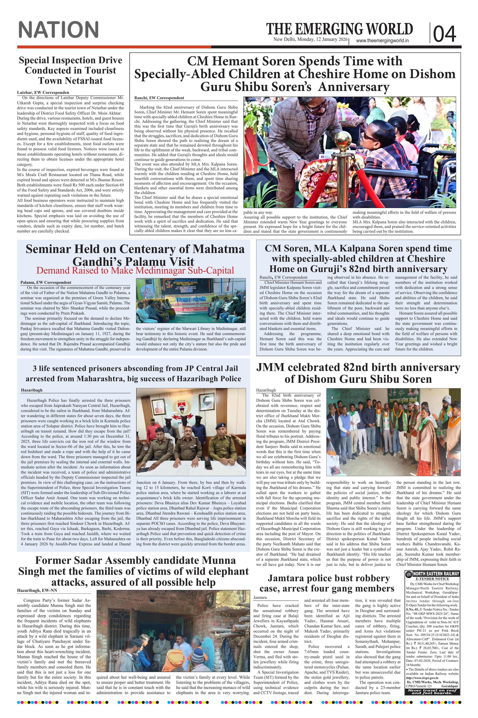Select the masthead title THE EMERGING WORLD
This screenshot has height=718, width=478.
click(340, 29)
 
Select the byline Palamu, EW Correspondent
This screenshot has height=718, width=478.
click(46, 282)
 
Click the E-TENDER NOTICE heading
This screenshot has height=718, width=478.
click(432, 579)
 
